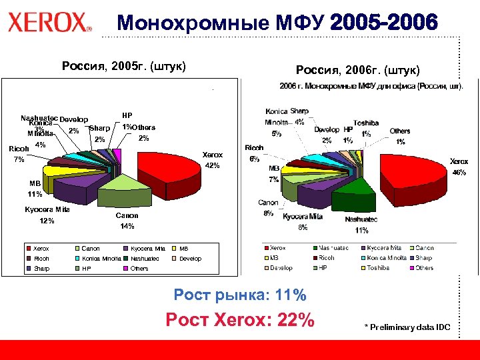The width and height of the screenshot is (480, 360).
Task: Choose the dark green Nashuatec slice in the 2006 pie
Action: (353, 199)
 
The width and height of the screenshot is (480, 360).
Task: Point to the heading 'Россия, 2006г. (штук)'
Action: (357, 70)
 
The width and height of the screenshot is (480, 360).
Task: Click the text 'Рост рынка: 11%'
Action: (239, 295)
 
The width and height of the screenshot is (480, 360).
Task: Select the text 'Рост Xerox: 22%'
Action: (239, 320)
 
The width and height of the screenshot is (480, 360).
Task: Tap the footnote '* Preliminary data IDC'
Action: (407, 327)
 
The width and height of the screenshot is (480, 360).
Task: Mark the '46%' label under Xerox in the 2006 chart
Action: (459, 172)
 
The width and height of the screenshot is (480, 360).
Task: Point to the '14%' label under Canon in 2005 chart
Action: (127, 227)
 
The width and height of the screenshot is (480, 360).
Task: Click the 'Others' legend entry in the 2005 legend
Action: (140, 269)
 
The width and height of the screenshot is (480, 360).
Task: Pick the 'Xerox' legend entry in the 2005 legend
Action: (42, 249)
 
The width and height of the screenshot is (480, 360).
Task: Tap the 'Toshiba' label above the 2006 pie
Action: (366, 123)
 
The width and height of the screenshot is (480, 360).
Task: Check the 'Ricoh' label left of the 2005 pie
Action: (18, 148)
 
